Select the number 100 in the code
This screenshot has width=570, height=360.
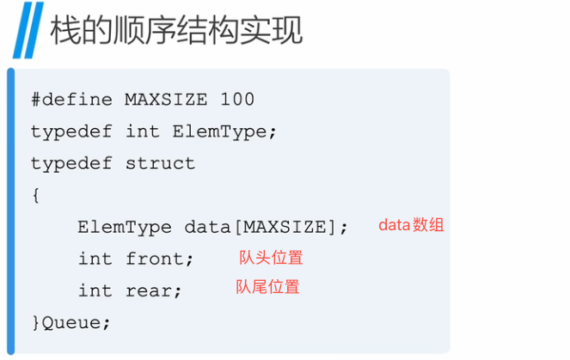click(237, 100)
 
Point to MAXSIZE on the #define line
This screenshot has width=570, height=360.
click(166, 100)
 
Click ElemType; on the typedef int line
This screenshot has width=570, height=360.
click(224, 131)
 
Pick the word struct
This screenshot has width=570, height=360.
click(161, 163)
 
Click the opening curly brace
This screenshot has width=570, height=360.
click(35, 195)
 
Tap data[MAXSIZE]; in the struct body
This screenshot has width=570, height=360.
click(266, 227)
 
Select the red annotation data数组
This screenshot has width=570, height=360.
click(411, 225)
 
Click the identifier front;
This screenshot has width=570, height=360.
click(161, 259)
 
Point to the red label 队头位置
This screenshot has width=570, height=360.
click(271, 257)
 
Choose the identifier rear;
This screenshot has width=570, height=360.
click(155, 290)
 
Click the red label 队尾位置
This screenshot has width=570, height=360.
click(267, 287)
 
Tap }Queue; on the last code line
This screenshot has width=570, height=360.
click(71, 322)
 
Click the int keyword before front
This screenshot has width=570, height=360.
click(95, 259)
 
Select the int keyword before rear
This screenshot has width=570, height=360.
click(95, 290)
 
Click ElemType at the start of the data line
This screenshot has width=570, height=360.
click(125, 227)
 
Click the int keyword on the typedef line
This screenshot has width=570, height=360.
click(143, 131)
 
